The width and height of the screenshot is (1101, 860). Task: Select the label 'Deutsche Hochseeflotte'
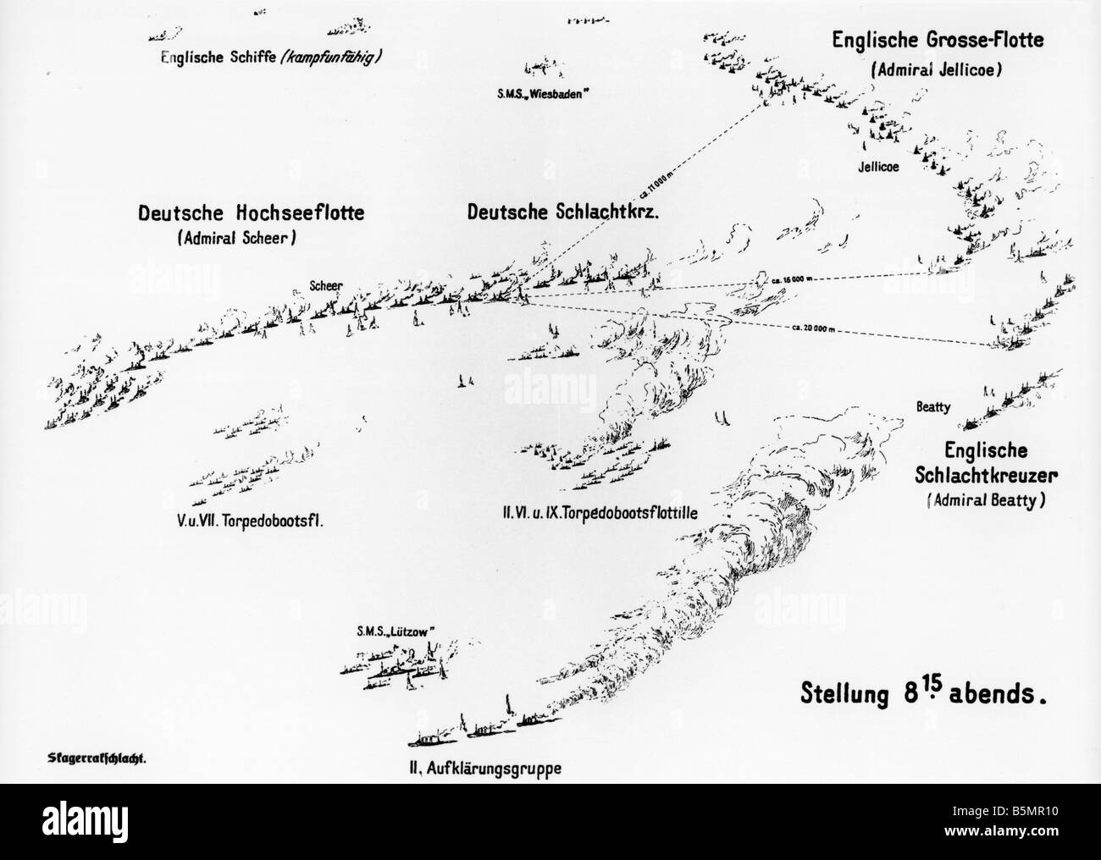pos(252,213)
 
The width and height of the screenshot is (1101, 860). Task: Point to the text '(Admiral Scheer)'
pos(235,240)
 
